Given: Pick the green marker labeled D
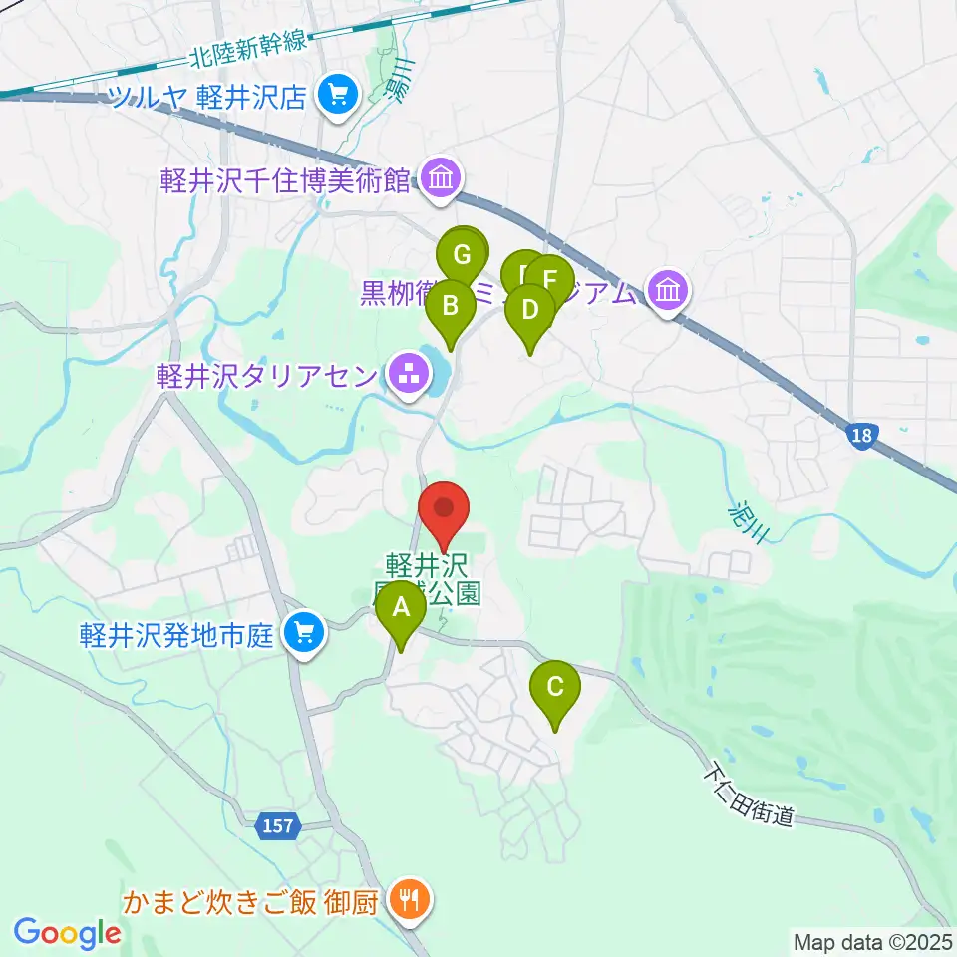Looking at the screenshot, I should (529, 312).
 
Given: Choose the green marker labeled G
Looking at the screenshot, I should (462, 256).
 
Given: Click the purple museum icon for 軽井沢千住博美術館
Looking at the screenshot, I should (440, 179).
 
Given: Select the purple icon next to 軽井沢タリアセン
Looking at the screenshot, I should (408, 377).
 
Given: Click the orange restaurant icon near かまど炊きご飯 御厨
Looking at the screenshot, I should (408, 903).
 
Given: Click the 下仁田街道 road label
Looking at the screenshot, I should (748, 794).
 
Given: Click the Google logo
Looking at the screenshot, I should (67, 932).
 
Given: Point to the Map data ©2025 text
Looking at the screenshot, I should (871, 940).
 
